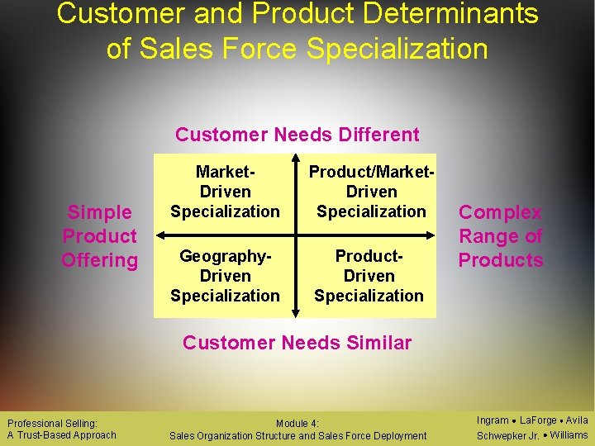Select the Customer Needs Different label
tap(297, 135)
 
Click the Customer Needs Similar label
tap(297, 343)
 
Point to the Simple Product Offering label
tap(99, 236)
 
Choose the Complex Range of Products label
tap(501, 236)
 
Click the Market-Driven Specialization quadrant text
tap(225, 192)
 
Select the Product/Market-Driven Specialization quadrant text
tap(371, 192)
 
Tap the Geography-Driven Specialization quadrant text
tap(225, 276)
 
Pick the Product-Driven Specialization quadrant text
tap(369, 276)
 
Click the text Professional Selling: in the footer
tap(52, 424)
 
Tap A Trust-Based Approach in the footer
tap(62, 435)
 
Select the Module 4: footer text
tap(297, 424)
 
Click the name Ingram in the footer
tap(493, 420)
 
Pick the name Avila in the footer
tap(576, 420)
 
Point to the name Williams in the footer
tap(569, 435)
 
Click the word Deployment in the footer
tap(399, 435)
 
